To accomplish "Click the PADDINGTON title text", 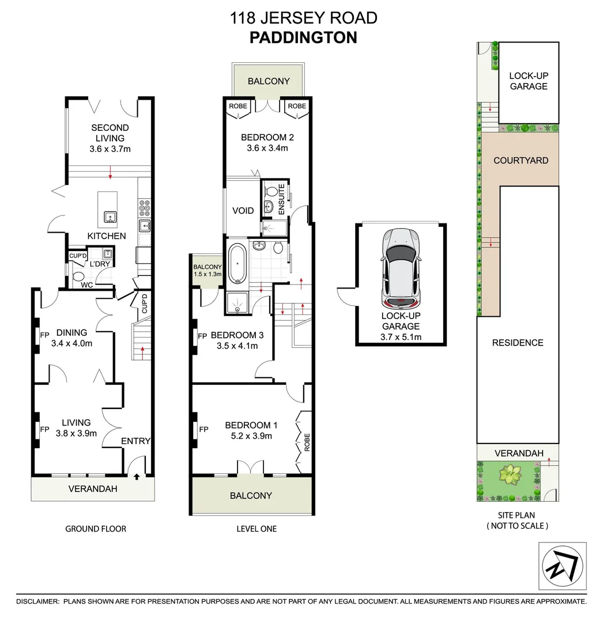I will pyautogui.click(x=303, y=37).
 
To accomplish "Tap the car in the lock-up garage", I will pyautogui.click(x=401, y=267).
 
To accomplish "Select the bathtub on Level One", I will pyautogui.click(x=237, y=264).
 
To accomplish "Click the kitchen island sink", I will pyautogui.click(x=108, y=217).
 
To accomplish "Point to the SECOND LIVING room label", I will pyautogui.click(x=110, y=132).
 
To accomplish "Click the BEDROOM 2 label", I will pyautogui.click(x=263, y=137).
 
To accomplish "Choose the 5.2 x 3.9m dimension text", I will pyautogui.click(x=252, y=436).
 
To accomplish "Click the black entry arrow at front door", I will pyautogui.click(x=136, y=476).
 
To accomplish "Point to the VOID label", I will pyautogui.click(x=243, y=211).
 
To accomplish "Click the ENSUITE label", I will pyautogui.click(x=282, y=199).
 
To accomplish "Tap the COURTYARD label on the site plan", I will pyautogui.click(x=521, y=161).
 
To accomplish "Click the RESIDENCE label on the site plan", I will pyautogui.click(x=517, y=343).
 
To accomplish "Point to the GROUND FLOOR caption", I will pyautogui.click(x=96, y=529).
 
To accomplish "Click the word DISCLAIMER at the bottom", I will pyautogui.click(x=37, y=601).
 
